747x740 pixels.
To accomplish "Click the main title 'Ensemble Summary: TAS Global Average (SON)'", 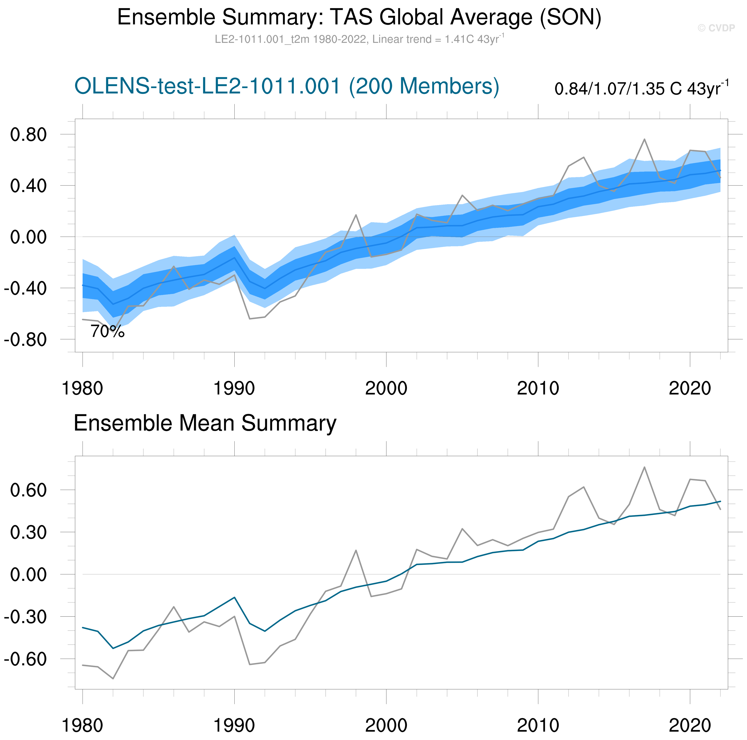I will (359, 17).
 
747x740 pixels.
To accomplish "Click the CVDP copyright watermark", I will (716, 28).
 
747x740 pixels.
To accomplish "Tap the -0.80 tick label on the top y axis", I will (25, 340).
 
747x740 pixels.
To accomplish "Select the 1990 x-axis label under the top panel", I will (234, 388).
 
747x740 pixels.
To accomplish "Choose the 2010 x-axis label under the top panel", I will (538, 388).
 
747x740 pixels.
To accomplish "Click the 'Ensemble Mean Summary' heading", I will (205, 423).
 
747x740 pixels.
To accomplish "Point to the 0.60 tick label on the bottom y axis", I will (28, 490).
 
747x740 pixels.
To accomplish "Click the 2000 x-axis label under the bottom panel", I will (386, 726).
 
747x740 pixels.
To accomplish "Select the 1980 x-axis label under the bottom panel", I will (82, 726).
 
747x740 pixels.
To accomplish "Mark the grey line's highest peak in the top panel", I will (644, 139).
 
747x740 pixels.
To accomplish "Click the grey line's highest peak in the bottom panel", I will (644, 467).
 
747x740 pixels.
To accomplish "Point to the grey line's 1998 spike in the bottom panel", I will (356, 551).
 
